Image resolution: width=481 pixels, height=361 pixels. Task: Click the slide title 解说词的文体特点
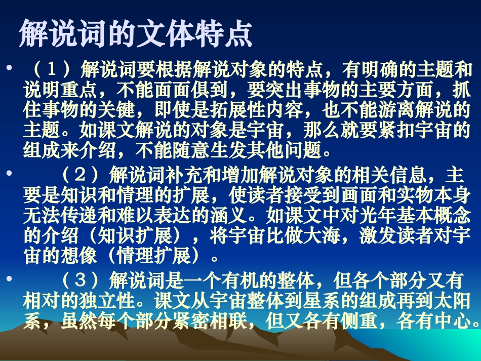pos(135,34)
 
